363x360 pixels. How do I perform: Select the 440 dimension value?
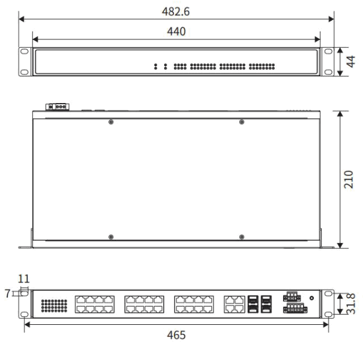(x=176, y=32)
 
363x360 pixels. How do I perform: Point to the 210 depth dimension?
(x=349, y=179)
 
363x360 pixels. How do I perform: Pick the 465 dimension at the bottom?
(x=176, y=335)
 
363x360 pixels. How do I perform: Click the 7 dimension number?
(x=7, y=293)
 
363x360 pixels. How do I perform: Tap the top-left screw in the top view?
(x=110, y=122)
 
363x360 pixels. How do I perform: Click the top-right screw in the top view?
(x=242, y=122)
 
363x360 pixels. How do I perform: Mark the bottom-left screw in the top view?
(x=110, y=236)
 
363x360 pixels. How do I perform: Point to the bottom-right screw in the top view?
(x=242, y=236)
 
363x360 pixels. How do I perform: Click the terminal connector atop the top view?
(x=58, y=107)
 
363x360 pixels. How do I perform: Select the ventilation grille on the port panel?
(x=54, y=304)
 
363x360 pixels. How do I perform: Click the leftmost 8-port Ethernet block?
(x=95, y=304)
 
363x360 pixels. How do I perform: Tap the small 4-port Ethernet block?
(x=234, y=304)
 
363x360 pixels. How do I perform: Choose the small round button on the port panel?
(x=311, y=298)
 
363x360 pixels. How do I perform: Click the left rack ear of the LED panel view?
(x=24, y=62)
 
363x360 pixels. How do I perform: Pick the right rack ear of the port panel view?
(x=328, y=303)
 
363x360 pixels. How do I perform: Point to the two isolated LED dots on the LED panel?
(x=161, y=66)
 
